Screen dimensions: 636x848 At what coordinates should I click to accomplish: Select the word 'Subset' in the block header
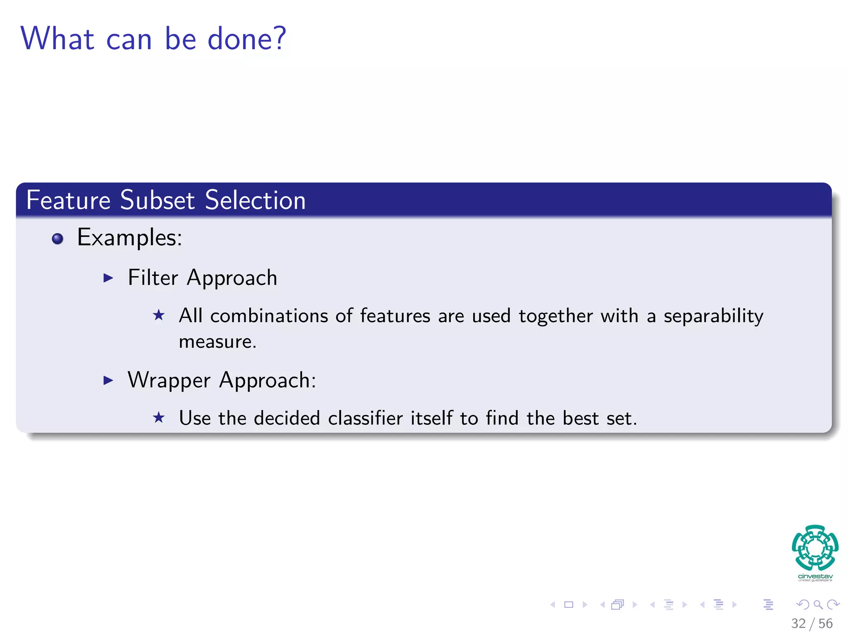(x=157, y=200)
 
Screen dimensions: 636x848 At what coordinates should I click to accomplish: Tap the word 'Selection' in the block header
(x=255, y=200)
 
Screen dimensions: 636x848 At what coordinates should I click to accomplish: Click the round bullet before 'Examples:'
(x=58, y=238)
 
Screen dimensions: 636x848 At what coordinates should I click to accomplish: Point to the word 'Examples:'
(x=130, y=238)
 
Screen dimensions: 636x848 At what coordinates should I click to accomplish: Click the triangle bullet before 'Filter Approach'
(x=108, y=278)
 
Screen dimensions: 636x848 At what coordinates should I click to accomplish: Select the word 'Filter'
(x=153, y=277)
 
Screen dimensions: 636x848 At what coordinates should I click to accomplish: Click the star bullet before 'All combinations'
(x=159, y=316)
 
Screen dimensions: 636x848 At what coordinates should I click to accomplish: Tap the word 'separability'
(x=713, y=316)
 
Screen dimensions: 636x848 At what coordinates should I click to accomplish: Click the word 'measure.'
(x=217, y=342)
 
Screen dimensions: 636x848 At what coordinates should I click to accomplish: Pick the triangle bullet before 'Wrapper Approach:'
(x=108, y=380)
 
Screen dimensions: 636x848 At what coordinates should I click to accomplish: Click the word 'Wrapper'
(x=169, y=381)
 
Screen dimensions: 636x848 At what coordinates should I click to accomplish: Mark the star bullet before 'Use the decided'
(x=159, y=417)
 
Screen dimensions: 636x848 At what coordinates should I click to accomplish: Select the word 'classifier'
(x=365, y=418)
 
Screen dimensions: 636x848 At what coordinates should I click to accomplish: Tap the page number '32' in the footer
(x=798, y=623)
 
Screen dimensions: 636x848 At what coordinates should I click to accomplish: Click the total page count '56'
(x=825, y=623)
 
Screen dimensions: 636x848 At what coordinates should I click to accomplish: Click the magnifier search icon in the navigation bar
(x=818, y=605)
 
